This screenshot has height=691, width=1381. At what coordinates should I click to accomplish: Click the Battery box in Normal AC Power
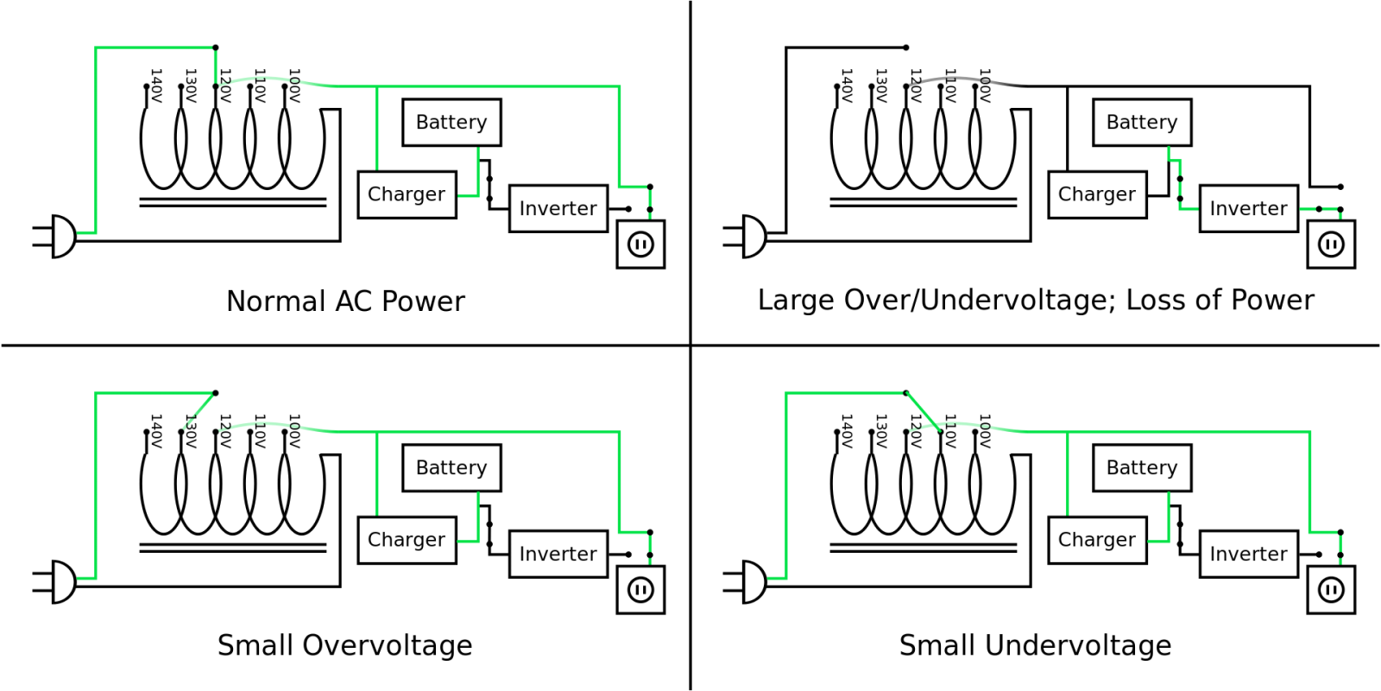(x=452, y=122)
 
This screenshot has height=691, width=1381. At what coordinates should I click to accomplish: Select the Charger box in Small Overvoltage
(x=407, y=540)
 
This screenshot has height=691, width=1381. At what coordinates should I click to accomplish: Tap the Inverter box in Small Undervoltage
(x=1249, y=554)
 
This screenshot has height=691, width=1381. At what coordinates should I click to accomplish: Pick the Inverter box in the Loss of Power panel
(x=1249, y=208)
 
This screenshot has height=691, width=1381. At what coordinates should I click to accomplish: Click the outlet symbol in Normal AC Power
(x=641, y=244)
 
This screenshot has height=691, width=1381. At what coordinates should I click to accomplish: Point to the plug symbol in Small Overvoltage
(x=54, y=582)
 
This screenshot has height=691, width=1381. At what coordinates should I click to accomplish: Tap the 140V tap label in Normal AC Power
(x=156, y=86)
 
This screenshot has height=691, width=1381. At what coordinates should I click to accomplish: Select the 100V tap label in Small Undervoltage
(x=985, y=431)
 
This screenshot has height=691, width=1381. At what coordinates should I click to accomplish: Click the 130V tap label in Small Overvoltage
(x=191, y=431)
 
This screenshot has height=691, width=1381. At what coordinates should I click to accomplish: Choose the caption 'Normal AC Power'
(x=345, y=301)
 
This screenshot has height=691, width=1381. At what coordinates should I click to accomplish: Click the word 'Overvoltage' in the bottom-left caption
(x=388, y=646)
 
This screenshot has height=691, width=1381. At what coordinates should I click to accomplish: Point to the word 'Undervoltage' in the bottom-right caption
(x=1078, y=646)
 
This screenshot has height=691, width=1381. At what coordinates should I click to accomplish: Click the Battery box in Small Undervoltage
(x=1143, y=467)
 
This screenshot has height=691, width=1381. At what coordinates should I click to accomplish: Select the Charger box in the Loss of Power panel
(x=1097, y=194)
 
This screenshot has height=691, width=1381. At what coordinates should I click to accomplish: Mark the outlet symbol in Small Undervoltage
(x=1332, y=590)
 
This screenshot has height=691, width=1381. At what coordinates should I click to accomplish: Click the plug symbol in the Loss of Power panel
(x=745, y=237)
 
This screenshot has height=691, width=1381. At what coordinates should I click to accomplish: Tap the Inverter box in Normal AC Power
(x=558, y=208)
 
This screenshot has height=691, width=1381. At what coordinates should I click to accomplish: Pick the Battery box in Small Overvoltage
(x=452, y=467)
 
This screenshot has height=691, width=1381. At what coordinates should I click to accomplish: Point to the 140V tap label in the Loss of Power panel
(x=847, y=86)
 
